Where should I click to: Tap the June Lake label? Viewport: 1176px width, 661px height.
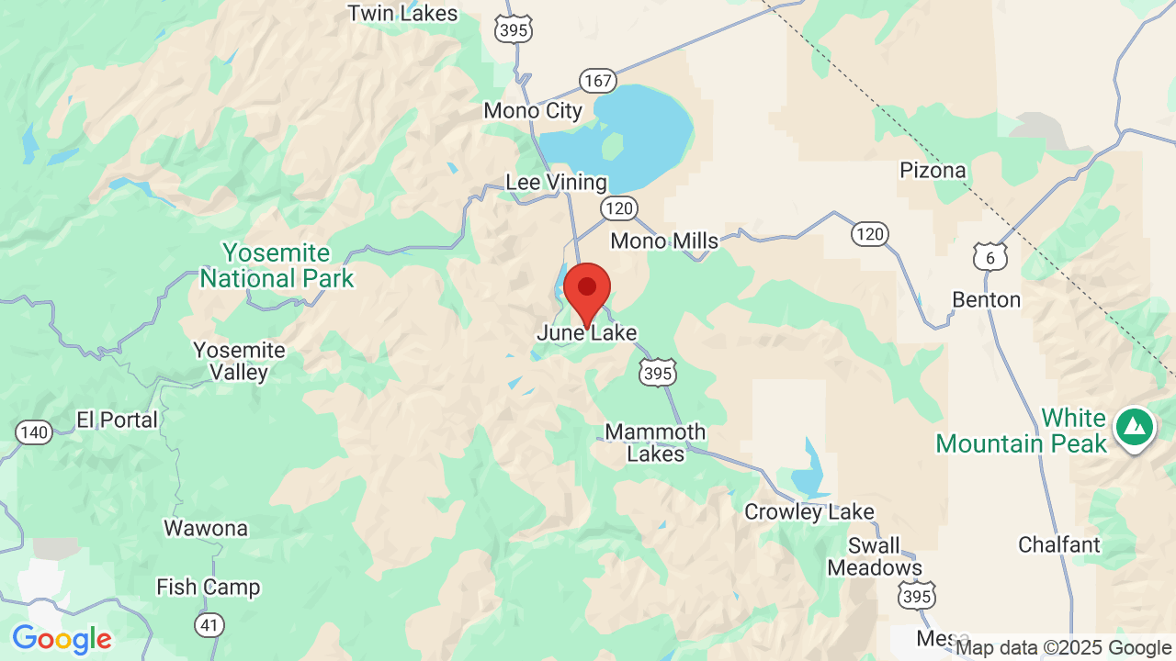pos(587,333)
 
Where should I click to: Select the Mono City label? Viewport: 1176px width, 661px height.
pos(533,111)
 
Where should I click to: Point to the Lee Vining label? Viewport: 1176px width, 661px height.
pos(556,183)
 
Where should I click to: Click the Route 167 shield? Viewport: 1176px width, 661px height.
pos(597,81)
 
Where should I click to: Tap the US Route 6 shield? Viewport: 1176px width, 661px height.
pos(990,257)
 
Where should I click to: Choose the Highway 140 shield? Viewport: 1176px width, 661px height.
pos(34,432)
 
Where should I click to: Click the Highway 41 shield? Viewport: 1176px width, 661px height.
pos(209,625)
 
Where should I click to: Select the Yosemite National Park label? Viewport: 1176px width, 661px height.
pos(277,265)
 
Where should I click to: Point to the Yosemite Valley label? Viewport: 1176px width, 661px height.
pos(239,362)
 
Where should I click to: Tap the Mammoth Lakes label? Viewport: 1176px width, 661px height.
pos(656,443)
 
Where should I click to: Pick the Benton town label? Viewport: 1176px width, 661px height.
pos(986,300)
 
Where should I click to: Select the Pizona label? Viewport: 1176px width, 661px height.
pos(933,171)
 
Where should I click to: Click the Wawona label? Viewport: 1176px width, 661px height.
pos(206,529)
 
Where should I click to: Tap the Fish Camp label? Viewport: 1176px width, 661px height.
pos(208,587)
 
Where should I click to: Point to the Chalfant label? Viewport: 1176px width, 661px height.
pos(1058,544)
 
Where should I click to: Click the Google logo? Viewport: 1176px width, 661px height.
pos(62,639)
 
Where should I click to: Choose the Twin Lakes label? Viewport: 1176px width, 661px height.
pos(402,14)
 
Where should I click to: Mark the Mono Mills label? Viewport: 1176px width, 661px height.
pos(664,241)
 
